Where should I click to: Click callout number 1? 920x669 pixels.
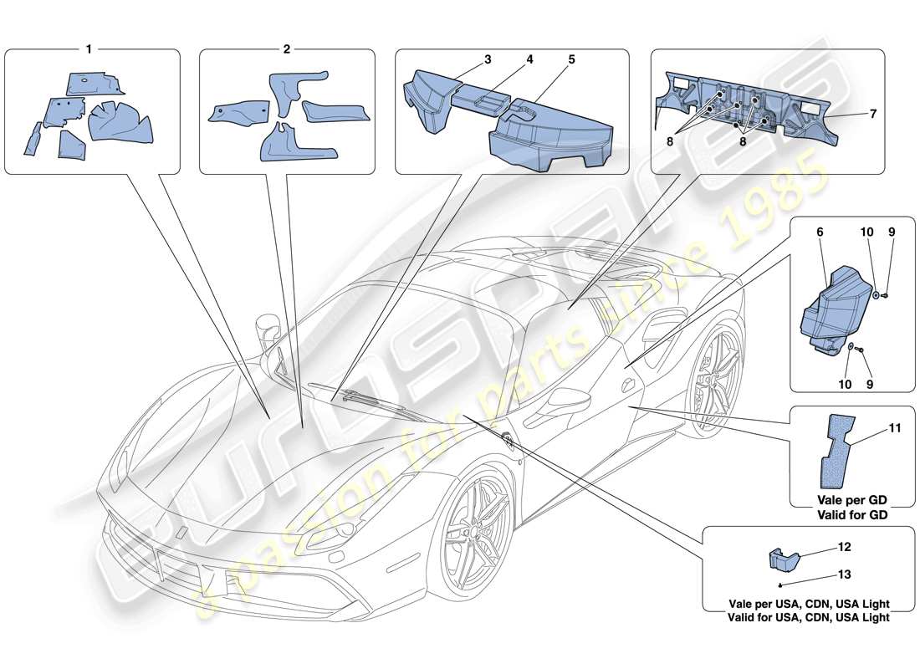(88, 49)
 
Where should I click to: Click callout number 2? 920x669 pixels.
(286, 49)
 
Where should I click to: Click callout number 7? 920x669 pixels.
(872, 114)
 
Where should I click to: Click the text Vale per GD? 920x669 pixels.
(852, 500)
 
